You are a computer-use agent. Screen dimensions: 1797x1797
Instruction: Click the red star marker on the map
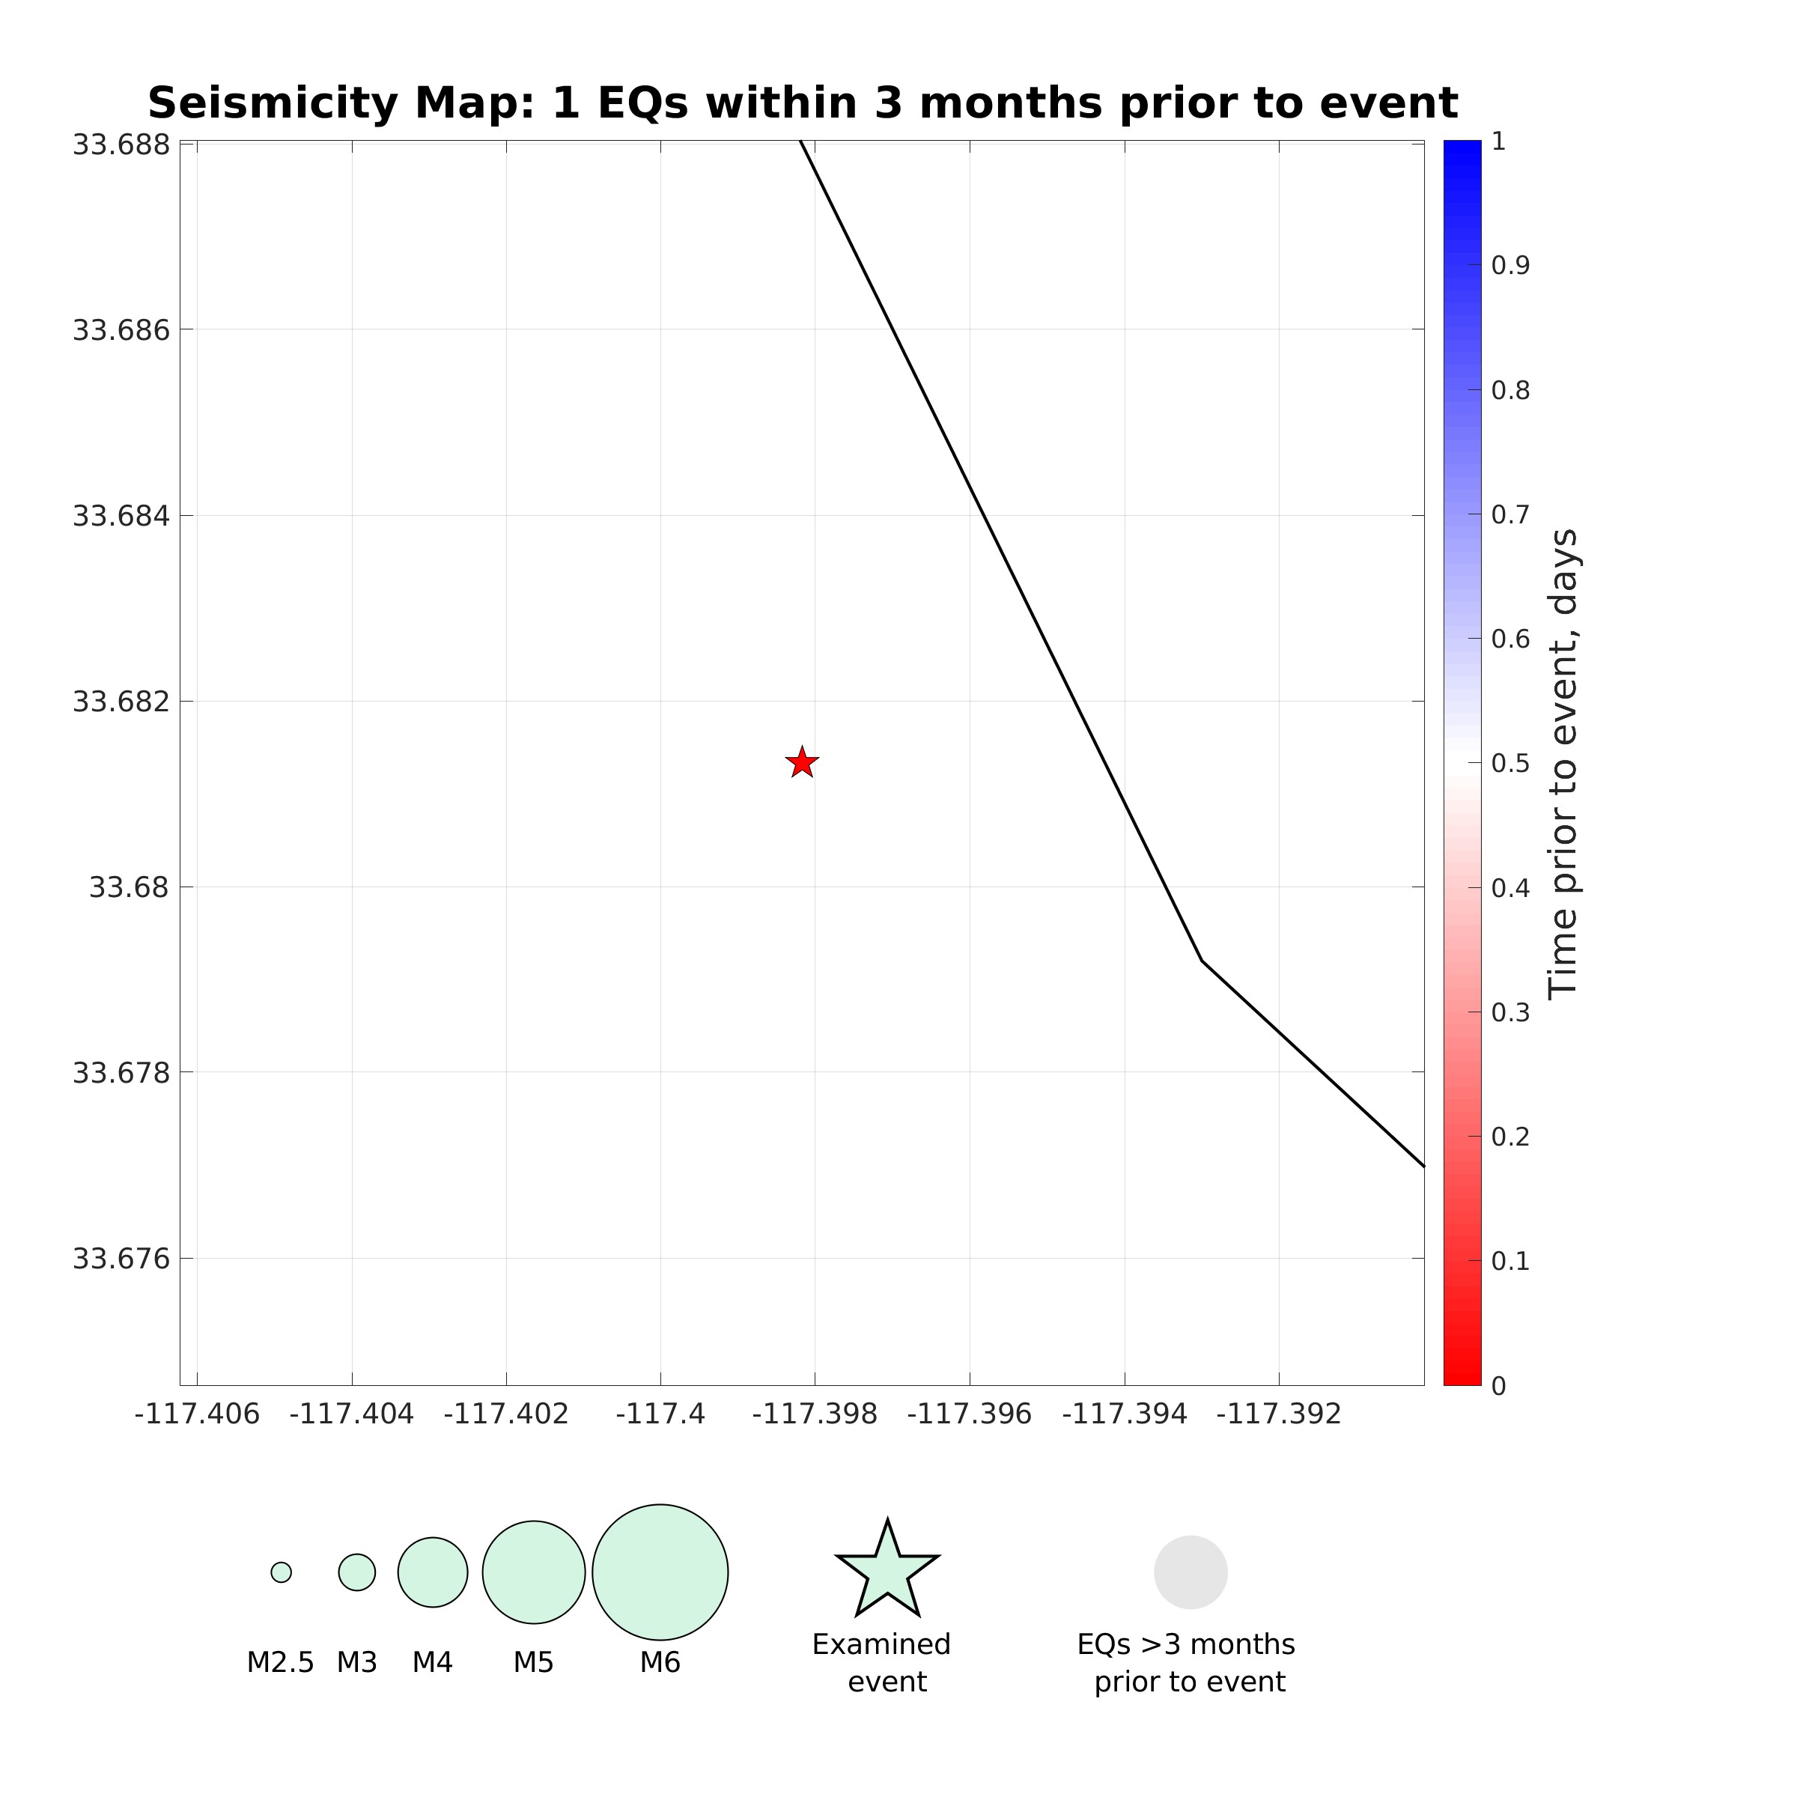802,763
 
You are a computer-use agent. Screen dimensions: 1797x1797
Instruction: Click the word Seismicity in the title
273,103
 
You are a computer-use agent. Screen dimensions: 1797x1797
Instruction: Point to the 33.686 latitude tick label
122,330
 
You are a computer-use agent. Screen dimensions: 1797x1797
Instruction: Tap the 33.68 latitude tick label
130,887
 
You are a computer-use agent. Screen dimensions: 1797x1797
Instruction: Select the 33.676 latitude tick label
122,1259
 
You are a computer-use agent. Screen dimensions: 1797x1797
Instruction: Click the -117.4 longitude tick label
660,1414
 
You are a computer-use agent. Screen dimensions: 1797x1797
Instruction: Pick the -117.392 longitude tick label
1279,1414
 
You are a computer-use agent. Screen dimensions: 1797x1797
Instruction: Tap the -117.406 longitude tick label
197,1414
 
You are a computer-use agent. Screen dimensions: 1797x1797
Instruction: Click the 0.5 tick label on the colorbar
1510,764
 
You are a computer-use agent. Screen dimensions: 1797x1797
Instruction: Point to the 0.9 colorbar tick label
1510,266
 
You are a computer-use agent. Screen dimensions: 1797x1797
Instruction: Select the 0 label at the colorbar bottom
1498,1386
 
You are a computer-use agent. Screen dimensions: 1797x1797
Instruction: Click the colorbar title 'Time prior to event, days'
1563,764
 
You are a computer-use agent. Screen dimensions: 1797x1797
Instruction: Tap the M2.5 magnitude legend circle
281,1572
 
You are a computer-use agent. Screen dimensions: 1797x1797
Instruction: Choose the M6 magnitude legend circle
660,1572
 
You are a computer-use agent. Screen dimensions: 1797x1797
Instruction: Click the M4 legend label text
433,1662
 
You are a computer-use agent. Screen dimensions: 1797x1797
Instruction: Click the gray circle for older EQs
1191,1572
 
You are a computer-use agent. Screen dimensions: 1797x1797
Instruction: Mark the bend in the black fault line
1202,960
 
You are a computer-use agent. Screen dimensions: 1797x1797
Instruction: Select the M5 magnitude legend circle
534,1572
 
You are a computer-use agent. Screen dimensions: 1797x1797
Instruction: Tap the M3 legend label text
357,1662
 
